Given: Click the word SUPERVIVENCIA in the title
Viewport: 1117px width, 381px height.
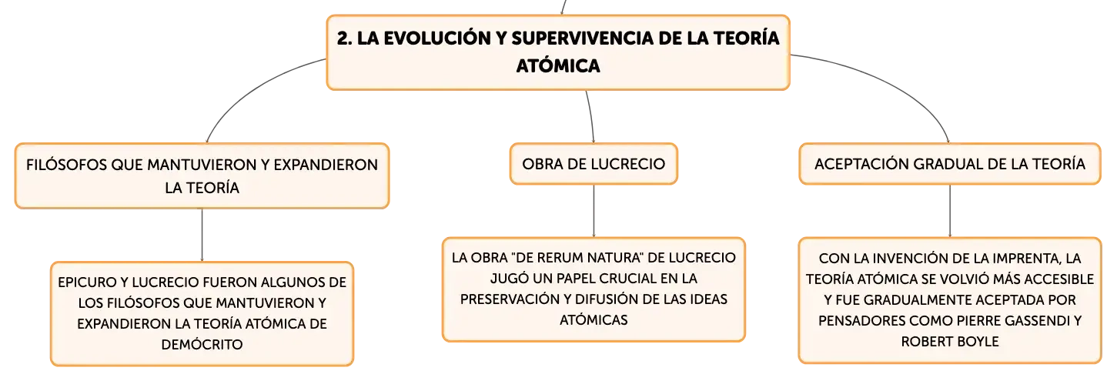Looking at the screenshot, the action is (582, 38).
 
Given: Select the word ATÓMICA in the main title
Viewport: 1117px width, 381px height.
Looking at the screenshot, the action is (558, 66).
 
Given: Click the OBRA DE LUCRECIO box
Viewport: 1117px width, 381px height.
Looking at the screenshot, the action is (594, 164).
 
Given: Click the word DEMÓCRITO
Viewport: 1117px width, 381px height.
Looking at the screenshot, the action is (202, 345).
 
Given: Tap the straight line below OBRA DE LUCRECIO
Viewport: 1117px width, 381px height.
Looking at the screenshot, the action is (594, 211).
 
